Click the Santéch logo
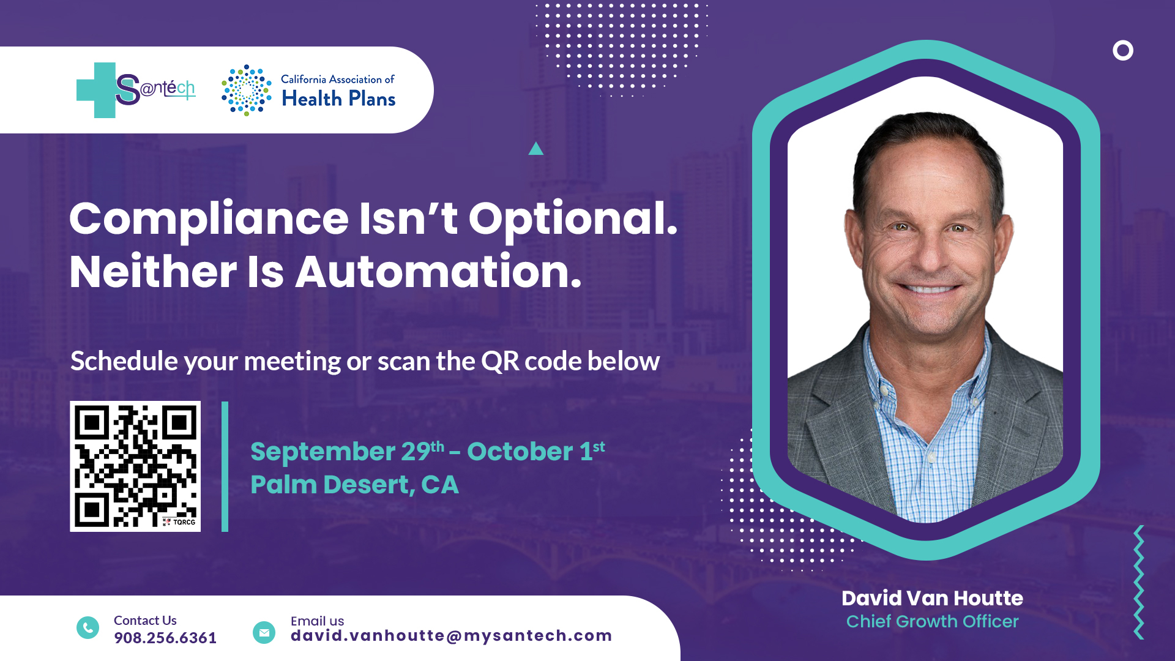click(x=136, y=90)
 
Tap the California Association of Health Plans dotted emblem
click(x=247, y=91)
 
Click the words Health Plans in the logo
click(x=338, y=99)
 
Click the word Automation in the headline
click(x=438, y=272)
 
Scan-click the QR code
click(x=135, y=466)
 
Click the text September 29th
click(x=348, y=452)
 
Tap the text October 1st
click(x=536, y=452)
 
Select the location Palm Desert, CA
click(x=354, y=485)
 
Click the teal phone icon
click(x=88, y=628)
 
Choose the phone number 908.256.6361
click(x=165, y=638)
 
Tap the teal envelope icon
click(x=264, y=633)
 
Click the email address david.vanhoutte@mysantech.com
click(x=452, y=636)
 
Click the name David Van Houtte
click(x=932, y=598)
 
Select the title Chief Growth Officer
click(x=933, y=622)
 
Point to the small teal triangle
click(x=536, y=149)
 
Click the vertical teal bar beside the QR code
click(x=225, y=466)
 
